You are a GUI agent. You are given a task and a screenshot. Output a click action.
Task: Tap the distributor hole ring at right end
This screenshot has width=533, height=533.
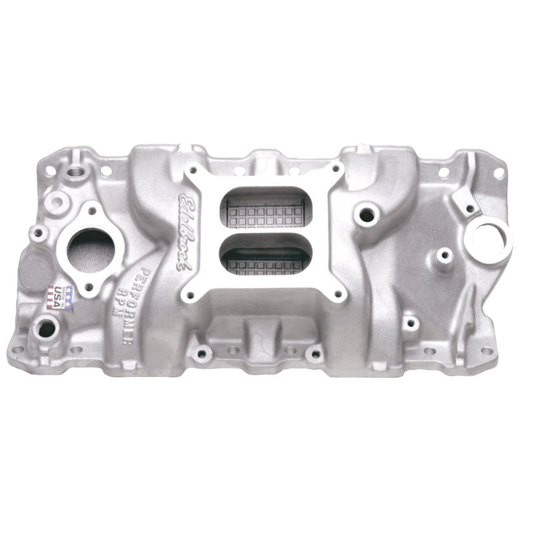pos(490,236)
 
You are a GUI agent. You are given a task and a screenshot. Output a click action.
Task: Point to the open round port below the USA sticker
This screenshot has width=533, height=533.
pos(47,328)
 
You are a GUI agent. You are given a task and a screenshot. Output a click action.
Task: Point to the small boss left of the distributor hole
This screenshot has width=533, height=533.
pos(440,253)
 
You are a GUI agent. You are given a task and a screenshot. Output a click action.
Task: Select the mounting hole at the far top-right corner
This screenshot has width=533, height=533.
pos(498,172)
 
